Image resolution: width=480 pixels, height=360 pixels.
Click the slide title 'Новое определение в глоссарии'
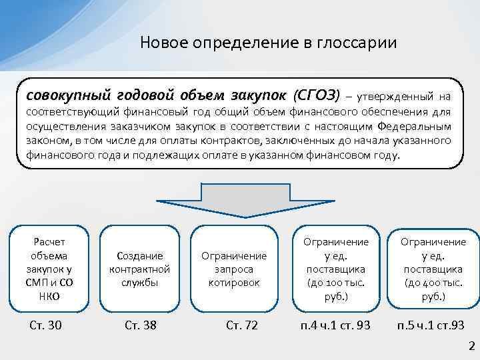coord(269,43)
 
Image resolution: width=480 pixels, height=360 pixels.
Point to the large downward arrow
coord(241,201)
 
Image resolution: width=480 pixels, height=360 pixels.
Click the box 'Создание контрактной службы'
coord(139,269)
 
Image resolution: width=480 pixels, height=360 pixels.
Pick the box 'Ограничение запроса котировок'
coord(233,269)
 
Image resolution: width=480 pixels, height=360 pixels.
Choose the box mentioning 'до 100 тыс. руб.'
coord(335,269)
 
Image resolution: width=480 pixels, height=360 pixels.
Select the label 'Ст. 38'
coord(141,326)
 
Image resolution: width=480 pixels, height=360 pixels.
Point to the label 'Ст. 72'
coord(241,326)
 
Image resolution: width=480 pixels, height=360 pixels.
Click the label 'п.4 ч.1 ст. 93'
coord(335,326)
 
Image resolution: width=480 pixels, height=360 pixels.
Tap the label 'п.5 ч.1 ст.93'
coord(431,326)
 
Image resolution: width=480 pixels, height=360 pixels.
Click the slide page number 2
coord(471,345)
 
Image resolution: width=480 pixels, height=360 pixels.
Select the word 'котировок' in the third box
coord(233,283)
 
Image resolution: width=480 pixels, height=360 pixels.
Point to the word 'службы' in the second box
coord(139,283)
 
